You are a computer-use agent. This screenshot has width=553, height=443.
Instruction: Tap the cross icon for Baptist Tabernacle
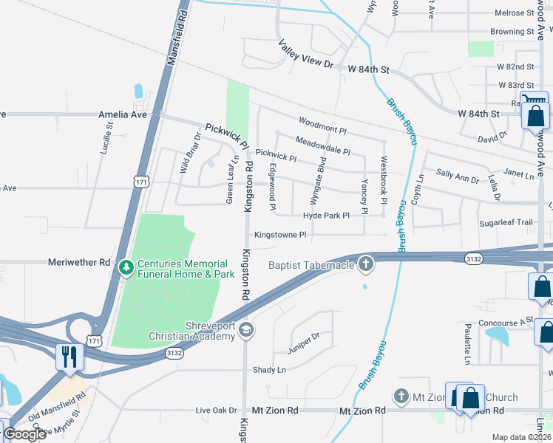(x=366, y=264)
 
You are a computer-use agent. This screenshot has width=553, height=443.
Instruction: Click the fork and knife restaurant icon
(x=69, y=357)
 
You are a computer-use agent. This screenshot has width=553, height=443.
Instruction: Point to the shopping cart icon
(x=534, y=101)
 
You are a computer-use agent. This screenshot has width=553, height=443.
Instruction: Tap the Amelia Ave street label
(x=123, y=115)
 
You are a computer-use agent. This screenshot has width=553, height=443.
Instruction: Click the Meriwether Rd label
(x=78, y=262)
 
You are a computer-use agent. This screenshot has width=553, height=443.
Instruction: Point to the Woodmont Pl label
(x=322, y=125)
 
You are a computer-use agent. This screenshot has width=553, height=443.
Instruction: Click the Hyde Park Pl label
(x=325, y=216)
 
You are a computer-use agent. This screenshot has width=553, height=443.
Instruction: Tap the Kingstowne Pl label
(x=280, y=235)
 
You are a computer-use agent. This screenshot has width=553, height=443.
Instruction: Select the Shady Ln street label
(x=269, y=370)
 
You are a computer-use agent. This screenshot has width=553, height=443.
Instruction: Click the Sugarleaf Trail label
(x=505, y=222)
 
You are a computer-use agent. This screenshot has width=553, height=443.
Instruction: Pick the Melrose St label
(x=514, y=13)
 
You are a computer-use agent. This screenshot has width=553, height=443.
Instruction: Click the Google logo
(x=24, y=434)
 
